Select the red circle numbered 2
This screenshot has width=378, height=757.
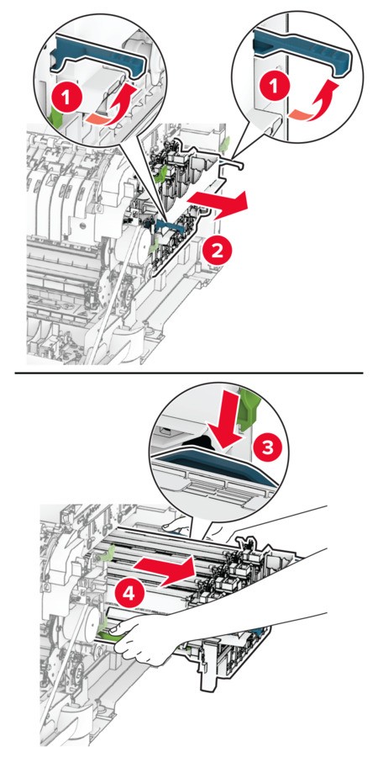click(217, 250)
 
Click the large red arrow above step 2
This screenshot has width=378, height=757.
click(217, 204)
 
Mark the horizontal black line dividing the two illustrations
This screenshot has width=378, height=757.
click(189, 373)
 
